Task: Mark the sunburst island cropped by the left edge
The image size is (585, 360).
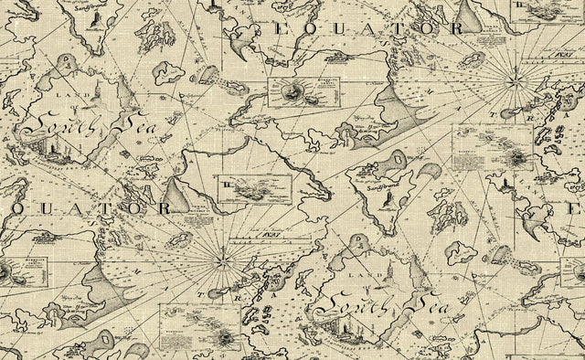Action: point(4,272)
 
